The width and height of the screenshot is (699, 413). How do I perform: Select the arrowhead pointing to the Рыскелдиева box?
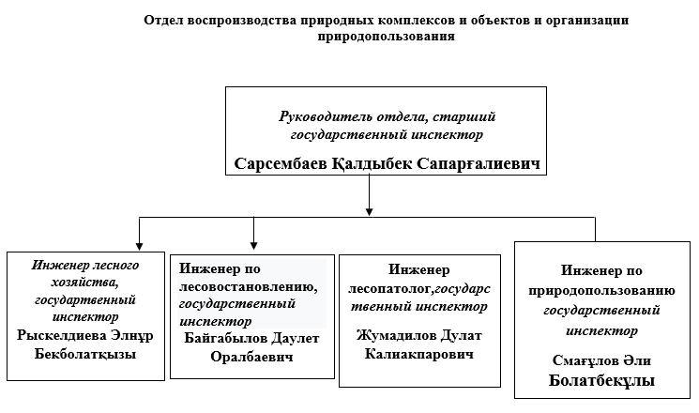tap(139, 240)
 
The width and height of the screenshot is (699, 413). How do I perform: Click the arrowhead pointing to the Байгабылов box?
tap(253, 240)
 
